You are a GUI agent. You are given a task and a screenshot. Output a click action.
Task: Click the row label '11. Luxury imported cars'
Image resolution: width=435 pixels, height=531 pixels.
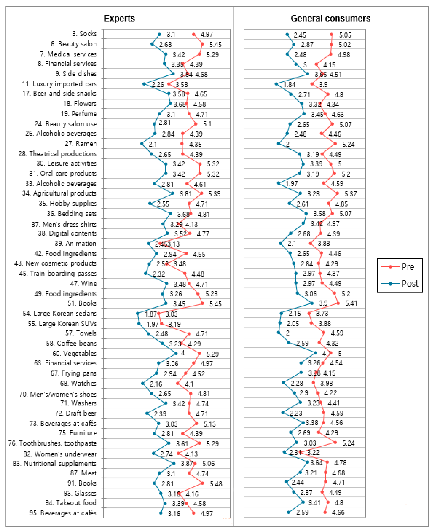coord(59,84)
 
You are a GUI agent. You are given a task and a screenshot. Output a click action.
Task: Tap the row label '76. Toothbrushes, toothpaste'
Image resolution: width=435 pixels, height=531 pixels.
coord(52,443)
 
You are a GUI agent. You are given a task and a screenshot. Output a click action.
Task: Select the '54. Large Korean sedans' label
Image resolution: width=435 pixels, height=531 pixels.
coord(60,313)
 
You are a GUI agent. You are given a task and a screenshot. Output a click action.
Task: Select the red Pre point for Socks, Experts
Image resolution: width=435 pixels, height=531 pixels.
coord(194,34)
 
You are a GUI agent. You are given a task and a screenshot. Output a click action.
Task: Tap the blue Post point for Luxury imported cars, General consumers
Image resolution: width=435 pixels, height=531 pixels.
coord(276,84)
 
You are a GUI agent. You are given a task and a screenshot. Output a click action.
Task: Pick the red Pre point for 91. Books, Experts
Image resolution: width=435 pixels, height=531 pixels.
coord(202,483)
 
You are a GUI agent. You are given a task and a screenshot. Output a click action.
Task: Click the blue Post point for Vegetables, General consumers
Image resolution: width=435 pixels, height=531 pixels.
coord(315,353)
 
